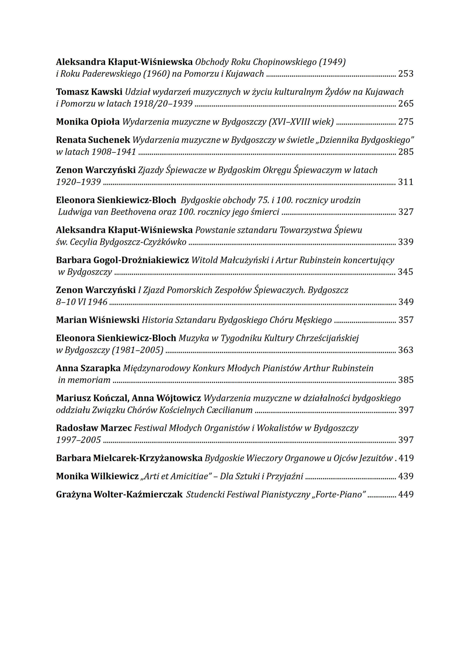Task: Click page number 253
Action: click(x=406, y=74)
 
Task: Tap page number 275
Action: click(x=406, y=122)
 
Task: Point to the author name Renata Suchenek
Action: click(x=93, y=140)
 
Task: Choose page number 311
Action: click(x=406, y=182)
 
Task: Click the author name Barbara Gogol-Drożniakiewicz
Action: click(x=122, y=260)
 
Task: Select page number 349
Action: click(x=406, y=302)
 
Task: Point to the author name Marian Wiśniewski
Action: click(x=98, y=320)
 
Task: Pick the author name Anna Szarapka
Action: click(x=88, y=368)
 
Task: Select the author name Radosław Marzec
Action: click(x=94, y=428)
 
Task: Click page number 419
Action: click(x=406, y=458)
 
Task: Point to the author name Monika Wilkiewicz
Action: click(x=97, y=476)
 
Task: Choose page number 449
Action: click(x=406, y=495)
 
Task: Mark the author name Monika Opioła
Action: click(x=88, y=122)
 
